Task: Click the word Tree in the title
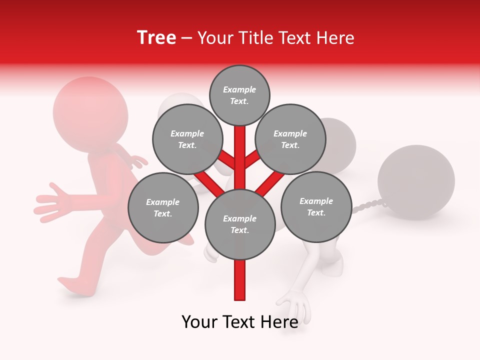tap(156, 38)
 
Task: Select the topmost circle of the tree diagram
tap(239, 95)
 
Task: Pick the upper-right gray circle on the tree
tap(290, 139)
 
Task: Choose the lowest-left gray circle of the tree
tap(163, 207)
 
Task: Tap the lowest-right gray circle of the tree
tap(316, 206)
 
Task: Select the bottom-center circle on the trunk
tap(240, 224)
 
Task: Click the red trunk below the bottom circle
tap(240, 280)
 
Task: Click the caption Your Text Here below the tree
tap(240, 322)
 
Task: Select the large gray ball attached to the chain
tap(416, 182)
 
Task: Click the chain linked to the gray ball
tap(367, 205)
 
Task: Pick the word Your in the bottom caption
tap(200, 322)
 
